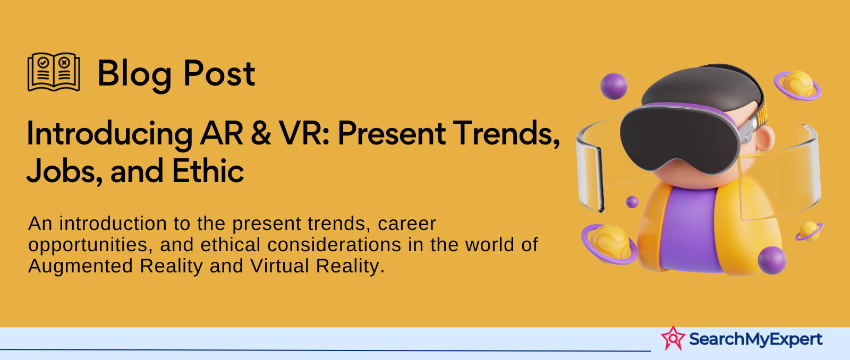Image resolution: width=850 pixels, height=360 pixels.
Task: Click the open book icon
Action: click(54, 72)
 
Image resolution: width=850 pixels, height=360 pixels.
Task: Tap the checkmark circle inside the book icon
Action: click(43, 62)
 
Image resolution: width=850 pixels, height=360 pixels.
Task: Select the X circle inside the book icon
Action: click(64, 62)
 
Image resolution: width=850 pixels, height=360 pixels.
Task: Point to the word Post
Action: click(219, 73)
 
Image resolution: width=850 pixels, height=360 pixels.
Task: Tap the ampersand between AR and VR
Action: click(261, 133)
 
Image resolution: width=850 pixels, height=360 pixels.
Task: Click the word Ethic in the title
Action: click(208, 170)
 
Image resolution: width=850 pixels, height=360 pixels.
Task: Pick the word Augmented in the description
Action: click(80, 267)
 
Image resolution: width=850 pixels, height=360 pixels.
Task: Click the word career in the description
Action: click(407, 224)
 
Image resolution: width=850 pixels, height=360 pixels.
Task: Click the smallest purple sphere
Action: click(632, 202)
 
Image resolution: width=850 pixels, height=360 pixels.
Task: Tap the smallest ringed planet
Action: click(809, 231)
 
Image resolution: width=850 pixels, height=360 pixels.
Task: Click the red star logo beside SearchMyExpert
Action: click(673, 338)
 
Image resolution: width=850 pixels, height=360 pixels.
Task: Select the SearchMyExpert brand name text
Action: click(755, 339)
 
